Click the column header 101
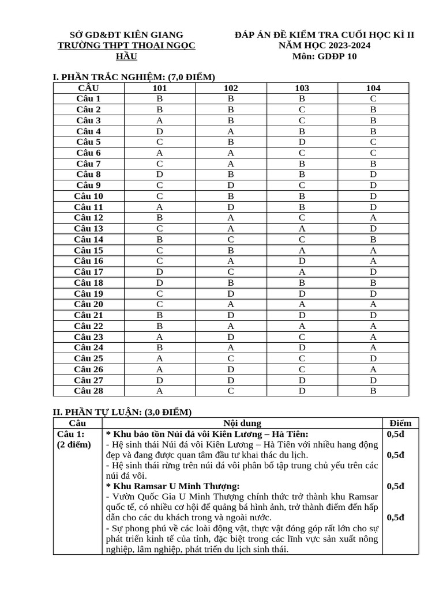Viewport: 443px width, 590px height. click(160, 88)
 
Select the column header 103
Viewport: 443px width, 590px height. click(302, 88)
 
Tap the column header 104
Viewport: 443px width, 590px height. click(373, 88)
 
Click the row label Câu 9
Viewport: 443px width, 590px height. click(88, 186)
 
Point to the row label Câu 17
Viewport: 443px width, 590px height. click(88, 272)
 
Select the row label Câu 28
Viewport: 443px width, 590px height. click(88, 391)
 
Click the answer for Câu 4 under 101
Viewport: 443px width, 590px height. click(160, 131)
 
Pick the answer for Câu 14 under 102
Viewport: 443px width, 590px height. click(231, 240)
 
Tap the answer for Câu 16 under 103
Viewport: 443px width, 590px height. click(302, 261)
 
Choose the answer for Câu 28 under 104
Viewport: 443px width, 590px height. click(373, 391)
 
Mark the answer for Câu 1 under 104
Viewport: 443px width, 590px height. click(373, 99)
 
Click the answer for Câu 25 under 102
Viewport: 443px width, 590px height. click(231, 358)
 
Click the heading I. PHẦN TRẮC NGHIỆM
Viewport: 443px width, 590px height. click(134, 77)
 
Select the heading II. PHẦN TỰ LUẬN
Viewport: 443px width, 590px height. click(122, 412)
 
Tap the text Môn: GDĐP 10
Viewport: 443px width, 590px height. click(324, 56)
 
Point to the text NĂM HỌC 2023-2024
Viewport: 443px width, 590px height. click(324, 46)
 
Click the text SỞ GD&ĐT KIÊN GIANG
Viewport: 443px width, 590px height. click(126, 35)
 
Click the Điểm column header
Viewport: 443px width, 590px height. click(400, 423)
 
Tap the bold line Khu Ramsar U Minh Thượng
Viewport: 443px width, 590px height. click(172, 486)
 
